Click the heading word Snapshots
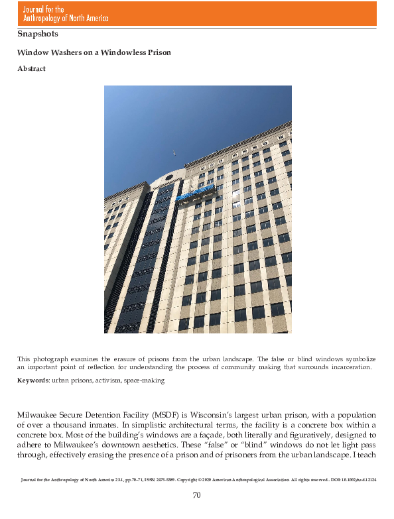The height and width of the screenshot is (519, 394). click(38, 33)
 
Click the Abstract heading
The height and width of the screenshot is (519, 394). click(31, 69)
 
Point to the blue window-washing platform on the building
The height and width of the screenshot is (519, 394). click(197, 194)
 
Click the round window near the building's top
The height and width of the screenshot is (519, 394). click(168, 177)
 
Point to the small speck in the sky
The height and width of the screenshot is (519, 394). click(174, 153)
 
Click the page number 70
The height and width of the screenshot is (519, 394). click(196, 494)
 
